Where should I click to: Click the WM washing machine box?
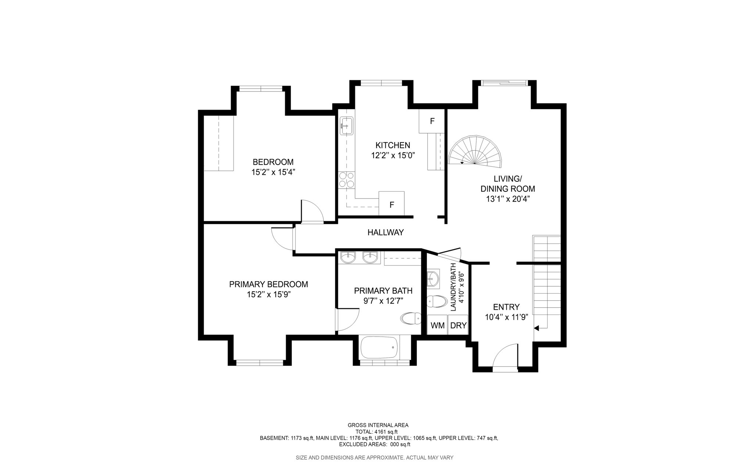438,325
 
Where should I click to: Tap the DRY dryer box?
458,325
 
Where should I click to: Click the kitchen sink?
346,126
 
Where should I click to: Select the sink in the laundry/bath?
433,279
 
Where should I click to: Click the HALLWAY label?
386,232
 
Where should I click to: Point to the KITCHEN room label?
393,145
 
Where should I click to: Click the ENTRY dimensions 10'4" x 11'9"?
506,317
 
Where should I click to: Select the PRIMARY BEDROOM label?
268,284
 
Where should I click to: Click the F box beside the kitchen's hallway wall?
392,204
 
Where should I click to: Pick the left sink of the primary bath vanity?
347,258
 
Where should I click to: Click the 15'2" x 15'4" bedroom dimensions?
273,172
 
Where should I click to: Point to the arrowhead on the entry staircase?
536,328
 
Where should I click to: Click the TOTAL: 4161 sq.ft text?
376,432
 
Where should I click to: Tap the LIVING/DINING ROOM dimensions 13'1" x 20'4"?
508,199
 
